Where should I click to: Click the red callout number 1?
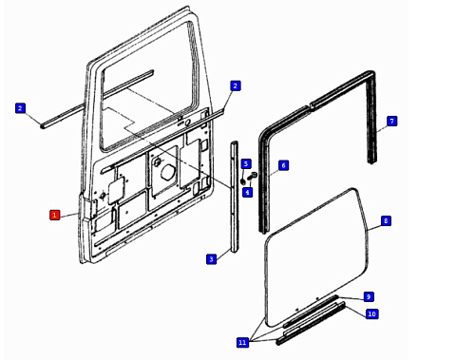tap(54, 215)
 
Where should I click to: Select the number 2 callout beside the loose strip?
tap(20, 108)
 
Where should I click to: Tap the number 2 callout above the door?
tap(235, 85)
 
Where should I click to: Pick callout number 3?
tap(211, 259)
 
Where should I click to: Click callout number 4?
tap(247, 192)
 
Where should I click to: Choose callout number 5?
tap(246, 164)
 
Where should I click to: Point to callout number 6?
tap(283, 165)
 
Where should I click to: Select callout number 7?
tap(391, 121)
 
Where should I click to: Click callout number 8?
tap(386, 220)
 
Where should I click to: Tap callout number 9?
tap(369, 296)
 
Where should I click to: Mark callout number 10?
tap(371, 313)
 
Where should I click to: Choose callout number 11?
tap(242, 342)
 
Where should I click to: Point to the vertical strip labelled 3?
tap(235, 197)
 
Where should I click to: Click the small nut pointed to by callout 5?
tap(243, 181)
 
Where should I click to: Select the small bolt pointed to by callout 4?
tap(252, 177)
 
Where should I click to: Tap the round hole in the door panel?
tap(167, 172)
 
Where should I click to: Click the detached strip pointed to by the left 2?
tap(97, 99)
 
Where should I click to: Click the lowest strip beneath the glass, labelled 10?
tap(311, 324)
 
